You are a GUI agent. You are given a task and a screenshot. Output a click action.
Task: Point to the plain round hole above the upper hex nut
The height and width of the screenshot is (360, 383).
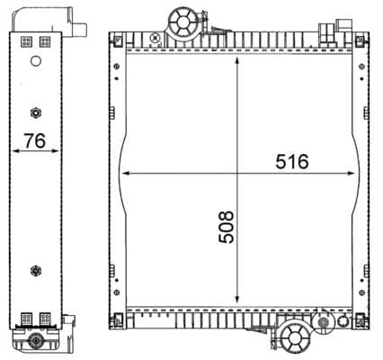[x=36, y=62]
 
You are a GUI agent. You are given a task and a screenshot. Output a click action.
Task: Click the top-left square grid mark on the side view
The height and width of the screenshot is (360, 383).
[x=25, y=41]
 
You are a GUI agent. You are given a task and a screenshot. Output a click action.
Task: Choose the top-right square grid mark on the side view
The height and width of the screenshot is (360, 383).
[x=45, y=41]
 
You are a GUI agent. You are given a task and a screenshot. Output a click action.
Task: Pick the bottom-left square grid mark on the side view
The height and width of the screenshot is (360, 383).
[x=25, y=317]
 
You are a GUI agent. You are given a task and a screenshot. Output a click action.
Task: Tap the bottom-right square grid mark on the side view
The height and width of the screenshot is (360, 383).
[x=45, y=317]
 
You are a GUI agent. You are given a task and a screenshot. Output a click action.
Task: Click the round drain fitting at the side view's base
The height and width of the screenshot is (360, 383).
[x=36, y=341]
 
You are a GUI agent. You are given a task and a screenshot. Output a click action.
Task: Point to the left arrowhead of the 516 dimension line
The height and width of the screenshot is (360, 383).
[x=124, y=172]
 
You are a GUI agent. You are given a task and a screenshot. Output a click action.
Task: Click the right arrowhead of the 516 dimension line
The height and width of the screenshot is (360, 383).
[x=353, y=172]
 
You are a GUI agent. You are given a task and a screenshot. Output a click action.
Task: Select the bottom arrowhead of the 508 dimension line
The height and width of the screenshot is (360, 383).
[x=237, y=301]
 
